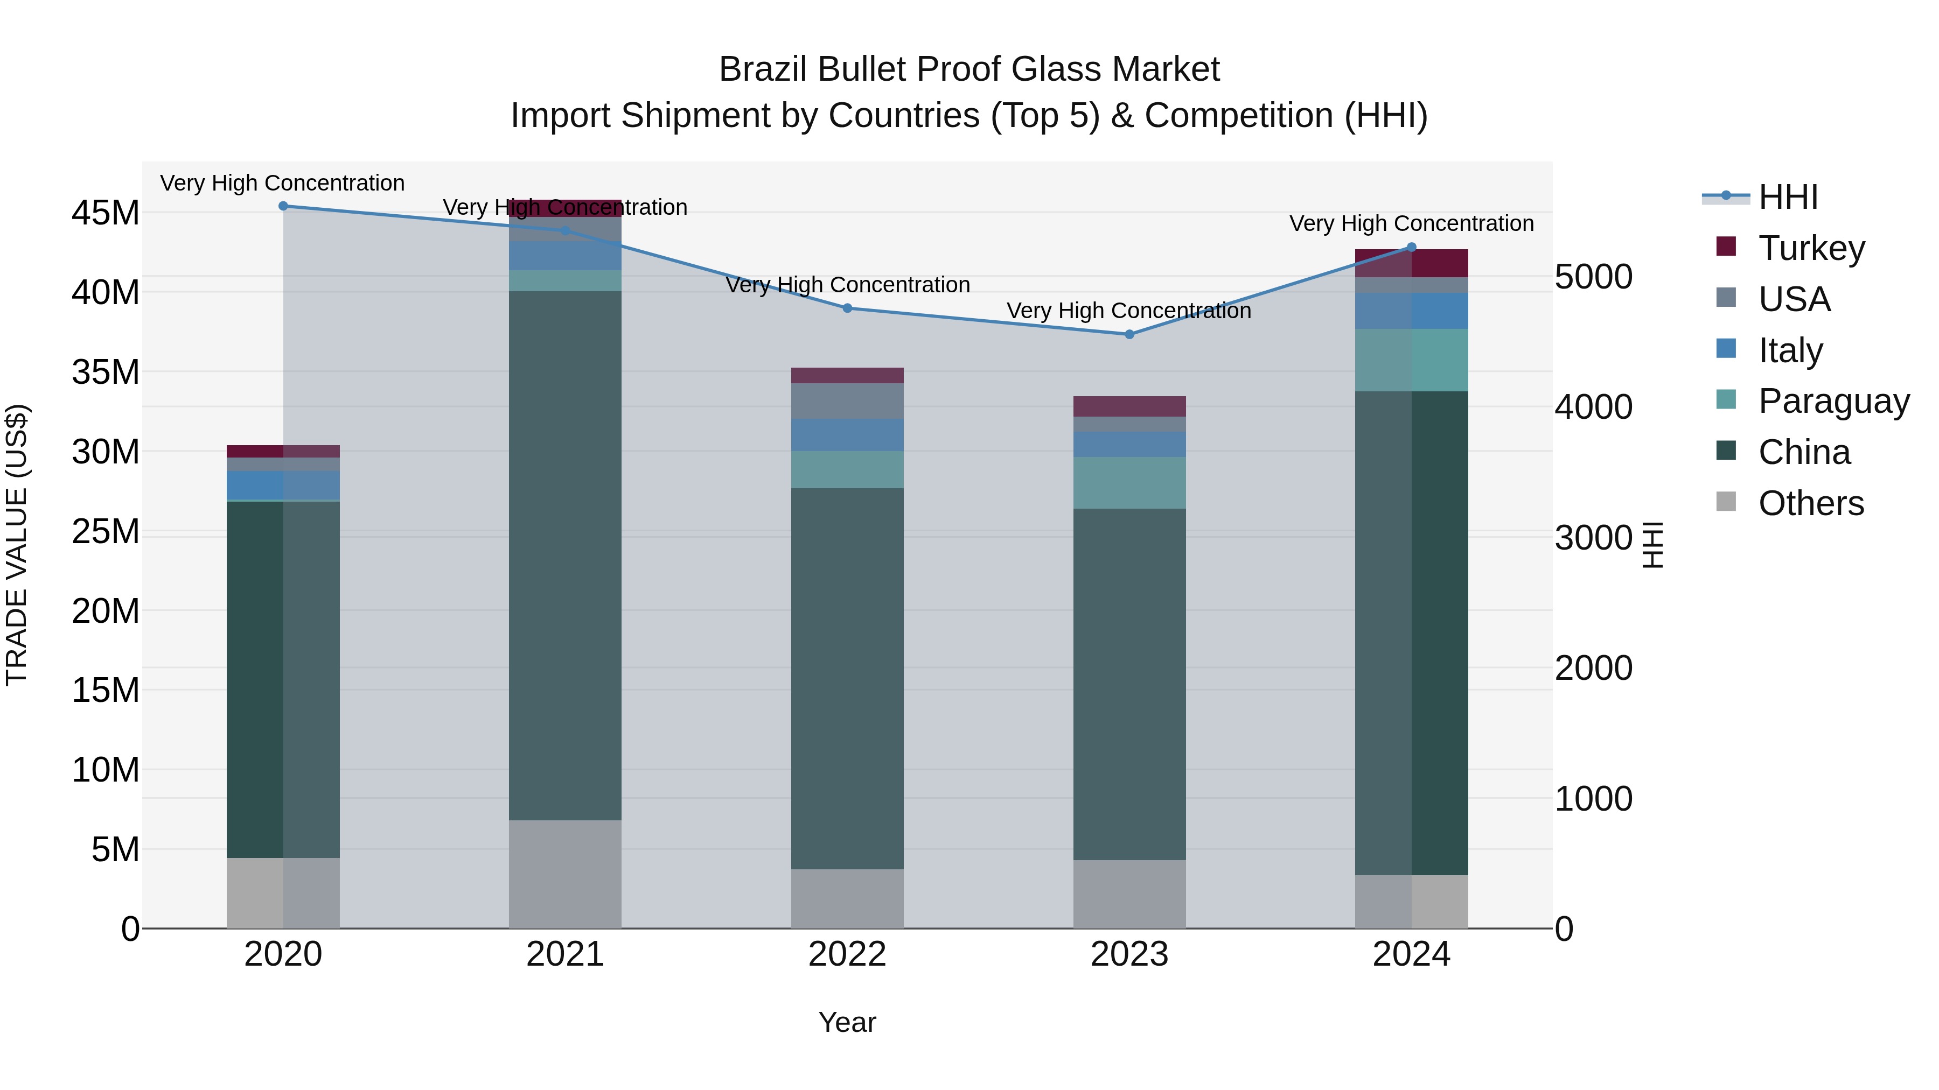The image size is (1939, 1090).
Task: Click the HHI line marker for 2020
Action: click(283, 206)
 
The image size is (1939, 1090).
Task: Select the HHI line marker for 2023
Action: click(1129, 335)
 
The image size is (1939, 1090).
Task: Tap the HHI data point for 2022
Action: click(847, 308)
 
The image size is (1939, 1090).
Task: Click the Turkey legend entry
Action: click(1810, 248)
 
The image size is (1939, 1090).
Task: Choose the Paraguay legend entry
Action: click(1833, 401)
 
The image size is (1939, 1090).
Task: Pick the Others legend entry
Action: click(1810, 503)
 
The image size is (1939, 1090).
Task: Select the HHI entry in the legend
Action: click(1788, 197)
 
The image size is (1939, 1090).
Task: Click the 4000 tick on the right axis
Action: click(1593, 407)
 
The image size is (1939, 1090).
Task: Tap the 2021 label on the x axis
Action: click(564, 954)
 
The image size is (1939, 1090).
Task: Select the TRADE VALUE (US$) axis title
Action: click(17, 545)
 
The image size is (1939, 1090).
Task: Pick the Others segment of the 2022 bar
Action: click(847, 898)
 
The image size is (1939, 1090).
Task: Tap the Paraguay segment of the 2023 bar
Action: click(1129, 483)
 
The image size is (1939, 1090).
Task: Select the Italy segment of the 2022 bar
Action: click(847, 435)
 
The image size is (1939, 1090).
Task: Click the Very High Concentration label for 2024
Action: click(1411, 224)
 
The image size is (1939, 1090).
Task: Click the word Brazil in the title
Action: click(763, 70)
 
